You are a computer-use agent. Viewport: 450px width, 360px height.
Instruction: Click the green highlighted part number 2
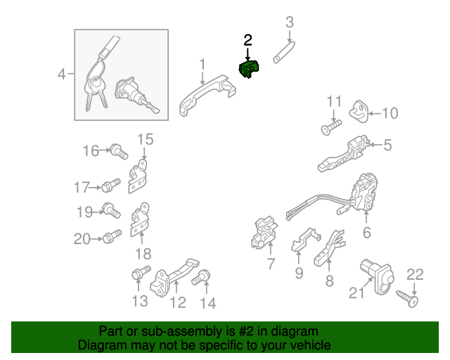[249, 69]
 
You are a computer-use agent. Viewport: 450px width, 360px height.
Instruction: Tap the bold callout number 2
[247, 40]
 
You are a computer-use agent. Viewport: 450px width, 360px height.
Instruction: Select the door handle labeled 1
[207, 95]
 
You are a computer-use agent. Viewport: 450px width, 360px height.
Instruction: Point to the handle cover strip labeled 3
[284, 52]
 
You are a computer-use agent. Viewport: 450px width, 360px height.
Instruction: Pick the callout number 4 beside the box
[62, 74]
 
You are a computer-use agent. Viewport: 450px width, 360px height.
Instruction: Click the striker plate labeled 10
[359, 111]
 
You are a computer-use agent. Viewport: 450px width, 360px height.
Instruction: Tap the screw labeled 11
[331, 127]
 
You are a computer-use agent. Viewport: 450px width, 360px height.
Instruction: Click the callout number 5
[387, 145]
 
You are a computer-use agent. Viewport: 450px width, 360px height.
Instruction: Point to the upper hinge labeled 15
[139, 176]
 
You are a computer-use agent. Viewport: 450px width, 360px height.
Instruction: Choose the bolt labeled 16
[119, 151]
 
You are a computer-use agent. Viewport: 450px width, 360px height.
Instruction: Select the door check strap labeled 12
[174, 277]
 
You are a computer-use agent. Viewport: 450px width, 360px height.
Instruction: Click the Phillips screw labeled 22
[407, 299]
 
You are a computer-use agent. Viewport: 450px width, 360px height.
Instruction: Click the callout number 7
[271, 264]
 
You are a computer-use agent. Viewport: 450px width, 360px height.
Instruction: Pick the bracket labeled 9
[306, 239]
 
